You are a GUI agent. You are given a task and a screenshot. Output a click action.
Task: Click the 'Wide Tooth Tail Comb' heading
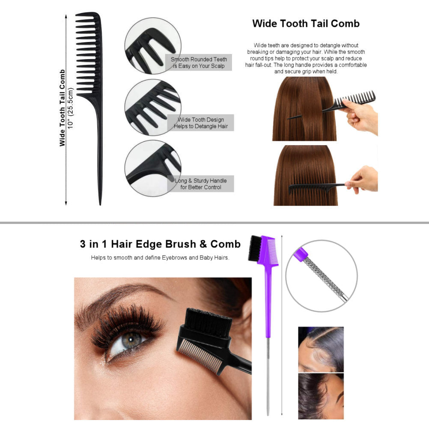click(306, 24)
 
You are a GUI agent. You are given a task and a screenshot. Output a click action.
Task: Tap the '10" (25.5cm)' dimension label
click(71, 108)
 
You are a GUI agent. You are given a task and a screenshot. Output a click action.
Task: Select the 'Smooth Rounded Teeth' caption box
click(199, 63)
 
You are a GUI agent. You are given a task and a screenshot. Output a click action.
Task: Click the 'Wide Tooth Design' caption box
click(200, 123)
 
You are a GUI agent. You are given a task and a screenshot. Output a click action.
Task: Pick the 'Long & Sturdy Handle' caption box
click(200, 184)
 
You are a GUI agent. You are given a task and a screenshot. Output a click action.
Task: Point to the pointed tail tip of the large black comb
click(100, 204)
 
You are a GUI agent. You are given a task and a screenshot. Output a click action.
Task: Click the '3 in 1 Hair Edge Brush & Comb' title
click(160, 244)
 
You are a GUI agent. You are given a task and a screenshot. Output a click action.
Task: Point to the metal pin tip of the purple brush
click(268, 414)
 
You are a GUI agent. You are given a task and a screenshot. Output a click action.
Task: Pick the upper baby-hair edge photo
click(321, 349)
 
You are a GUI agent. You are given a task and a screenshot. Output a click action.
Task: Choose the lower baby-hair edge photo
click(321, 396)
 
